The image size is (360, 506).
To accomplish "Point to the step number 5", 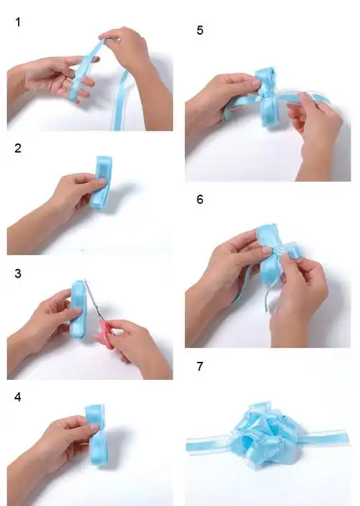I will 201,30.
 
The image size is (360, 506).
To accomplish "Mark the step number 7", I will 201,367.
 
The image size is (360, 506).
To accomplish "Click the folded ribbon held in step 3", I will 78,310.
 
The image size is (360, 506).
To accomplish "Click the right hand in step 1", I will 133,54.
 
